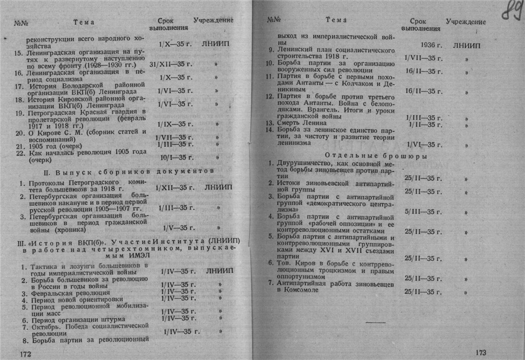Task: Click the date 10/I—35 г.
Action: click(176, 157)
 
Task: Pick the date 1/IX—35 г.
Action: click(175, 125)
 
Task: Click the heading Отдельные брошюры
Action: click(375, 156)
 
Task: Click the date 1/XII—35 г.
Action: click(175, 188)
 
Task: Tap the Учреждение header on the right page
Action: click(466, 22)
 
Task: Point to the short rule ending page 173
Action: click(375, 322)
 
